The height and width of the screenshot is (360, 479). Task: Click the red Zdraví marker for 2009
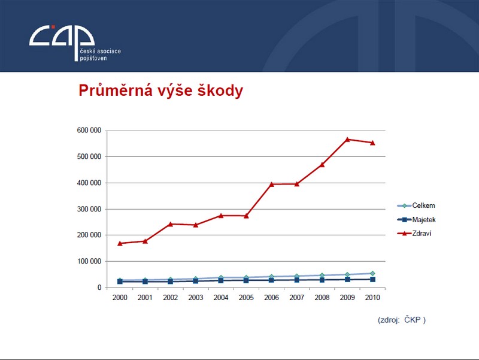(x=347, y=140)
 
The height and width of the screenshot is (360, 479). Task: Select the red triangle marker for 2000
(x=120, y=243)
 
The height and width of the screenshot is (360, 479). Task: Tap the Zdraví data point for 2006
(x=272, y=184)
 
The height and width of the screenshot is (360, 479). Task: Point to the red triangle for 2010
(x=372, y=143)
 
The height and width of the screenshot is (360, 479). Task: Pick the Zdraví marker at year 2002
(x=171, y=224)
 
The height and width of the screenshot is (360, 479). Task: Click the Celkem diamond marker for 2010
(x=372, y=273)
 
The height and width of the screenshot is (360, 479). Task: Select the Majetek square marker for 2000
(x=120, y=282)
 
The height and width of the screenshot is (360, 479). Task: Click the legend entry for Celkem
(x=416, y=205)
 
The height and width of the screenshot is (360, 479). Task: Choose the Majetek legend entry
(x=416, y=219)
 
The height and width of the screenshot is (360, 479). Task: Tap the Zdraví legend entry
(x=414, y=233)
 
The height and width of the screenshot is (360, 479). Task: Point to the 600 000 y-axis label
(x=89, y=131)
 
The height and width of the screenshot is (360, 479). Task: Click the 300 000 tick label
(x=89, y=209)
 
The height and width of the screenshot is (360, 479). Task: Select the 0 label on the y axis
(x=99, y=288)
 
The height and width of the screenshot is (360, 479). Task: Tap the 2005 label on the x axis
(x=246, y=297)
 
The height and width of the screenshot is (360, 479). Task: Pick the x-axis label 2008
(x=322, y=297)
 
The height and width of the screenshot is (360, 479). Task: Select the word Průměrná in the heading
(x=116, y=90)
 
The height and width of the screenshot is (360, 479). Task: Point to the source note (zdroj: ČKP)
(x=402, y=320)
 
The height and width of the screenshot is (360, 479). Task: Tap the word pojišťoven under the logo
(x=93, y=58)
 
